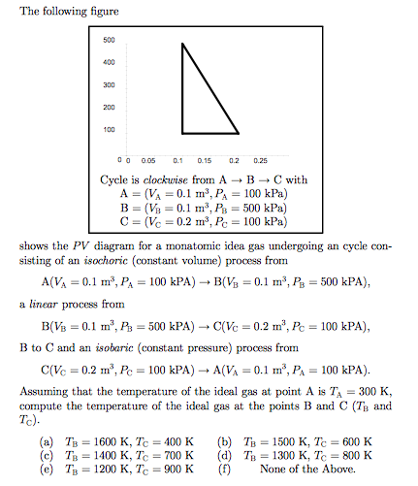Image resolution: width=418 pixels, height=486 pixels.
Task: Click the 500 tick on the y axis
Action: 108,41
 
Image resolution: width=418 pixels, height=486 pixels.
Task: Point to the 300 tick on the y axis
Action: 108,85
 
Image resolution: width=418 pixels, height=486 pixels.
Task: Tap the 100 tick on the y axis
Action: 108,130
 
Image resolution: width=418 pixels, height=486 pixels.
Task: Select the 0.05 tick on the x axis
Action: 149,158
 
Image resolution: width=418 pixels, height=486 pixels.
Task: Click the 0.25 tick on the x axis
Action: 261,158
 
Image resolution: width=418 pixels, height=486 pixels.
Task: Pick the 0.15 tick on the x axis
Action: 206,158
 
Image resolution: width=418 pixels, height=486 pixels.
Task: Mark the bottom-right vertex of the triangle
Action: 238,132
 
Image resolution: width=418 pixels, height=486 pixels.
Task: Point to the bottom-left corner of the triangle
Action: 180,132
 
